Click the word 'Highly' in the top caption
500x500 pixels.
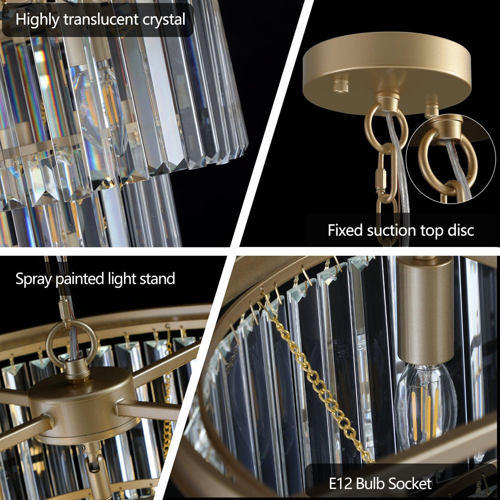[x=37, y=20]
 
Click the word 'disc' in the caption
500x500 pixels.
[x=459, y=230]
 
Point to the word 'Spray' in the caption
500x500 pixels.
[x=34, y=279]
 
